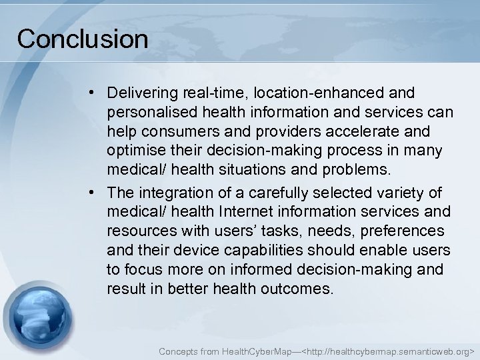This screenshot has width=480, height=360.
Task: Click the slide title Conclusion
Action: (83, 39)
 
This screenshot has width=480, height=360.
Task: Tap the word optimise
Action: (132, 150)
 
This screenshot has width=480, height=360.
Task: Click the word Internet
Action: (255, 213)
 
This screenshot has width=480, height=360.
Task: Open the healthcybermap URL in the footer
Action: (389, 349)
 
